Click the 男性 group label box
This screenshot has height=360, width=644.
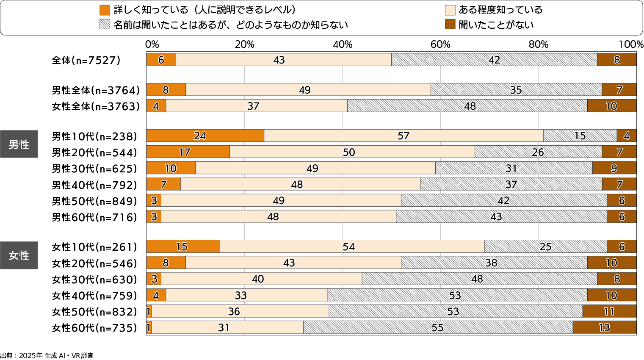pos(19,144)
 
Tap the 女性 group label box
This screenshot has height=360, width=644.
pos(19,255)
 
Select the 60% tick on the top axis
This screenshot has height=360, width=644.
pos(440,44)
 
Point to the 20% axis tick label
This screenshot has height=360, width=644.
pos(244,44)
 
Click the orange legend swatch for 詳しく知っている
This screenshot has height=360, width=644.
pos(105,10)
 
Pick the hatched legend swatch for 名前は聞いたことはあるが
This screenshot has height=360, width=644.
pos(105,25)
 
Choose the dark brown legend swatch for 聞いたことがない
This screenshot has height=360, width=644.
pos(450,25)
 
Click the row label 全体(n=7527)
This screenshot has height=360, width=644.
pos(86,60)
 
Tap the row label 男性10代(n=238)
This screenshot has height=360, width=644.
pos(94,136)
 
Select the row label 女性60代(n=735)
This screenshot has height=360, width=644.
pos(94,328)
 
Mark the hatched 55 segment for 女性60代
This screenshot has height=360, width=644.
pos(438,327)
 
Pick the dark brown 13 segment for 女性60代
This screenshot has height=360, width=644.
pos(604,327)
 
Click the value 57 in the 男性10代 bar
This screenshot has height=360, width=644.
pos(404,136)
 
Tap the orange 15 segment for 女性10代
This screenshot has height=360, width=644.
pos(183,246)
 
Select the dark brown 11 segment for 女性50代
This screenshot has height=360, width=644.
pos(609,311)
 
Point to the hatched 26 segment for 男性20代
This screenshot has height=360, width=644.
pos(538,152)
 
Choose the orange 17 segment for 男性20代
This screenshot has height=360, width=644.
pos(188,152)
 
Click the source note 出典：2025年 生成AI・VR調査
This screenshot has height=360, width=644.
pos(47,356)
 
